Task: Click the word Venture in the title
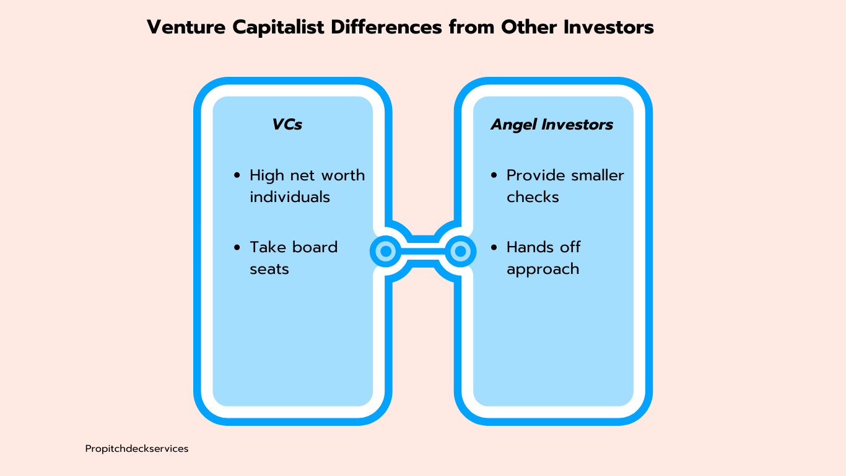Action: point(186,27)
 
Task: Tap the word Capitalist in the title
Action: point(278,28)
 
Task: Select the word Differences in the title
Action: point(386,27)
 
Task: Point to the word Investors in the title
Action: point(609,27)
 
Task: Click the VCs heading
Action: point(287,125)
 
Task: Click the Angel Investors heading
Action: point(552,125)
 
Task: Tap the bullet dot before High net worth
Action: point(237,175)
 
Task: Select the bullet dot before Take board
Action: point(237,247)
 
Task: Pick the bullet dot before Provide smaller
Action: point(494,175)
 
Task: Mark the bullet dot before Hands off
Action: point(494,247)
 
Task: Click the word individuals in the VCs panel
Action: point(290,197)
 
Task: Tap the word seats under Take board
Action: point(269,270)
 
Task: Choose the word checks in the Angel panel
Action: point(533,197)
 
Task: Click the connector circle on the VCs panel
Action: point(386,251)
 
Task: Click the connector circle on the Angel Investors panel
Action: point(460,251)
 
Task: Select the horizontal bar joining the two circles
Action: point(423,251)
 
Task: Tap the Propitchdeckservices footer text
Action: point(137,449)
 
